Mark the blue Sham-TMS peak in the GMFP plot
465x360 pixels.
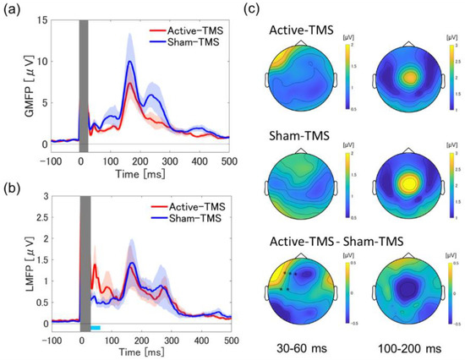click(130, 62)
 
